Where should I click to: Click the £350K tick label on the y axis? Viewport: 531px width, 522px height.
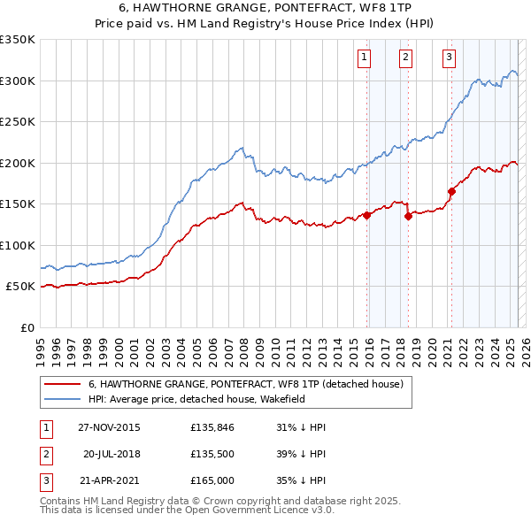click(x=18, y=40)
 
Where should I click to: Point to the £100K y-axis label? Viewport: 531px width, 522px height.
click(x=18, y=245)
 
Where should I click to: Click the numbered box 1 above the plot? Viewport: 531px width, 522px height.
click(x=364, y=58)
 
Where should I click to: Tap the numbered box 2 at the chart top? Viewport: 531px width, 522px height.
click(x=405, y=58)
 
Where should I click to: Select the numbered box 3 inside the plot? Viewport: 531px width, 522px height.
click(x=449, y=58)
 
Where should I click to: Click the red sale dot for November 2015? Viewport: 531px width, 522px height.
click(x=366, y=215)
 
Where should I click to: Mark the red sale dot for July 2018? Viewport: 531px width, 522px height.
click(x=408, y=215)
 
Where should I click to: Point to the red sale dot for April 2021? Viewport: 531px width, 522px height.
click(x=451, y=191)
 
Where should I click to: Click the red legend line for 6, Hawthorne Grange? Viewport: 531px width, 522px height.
click(x=62, y=384)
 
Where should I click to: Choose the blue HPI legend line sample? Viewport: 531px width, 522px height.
click(x=62, y=399)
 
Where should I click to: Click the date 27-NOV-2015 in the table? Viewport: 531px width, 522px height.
click(x=109, y=427)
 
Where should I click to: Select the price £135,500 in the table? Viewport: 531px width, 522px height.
click(x=212, y=454)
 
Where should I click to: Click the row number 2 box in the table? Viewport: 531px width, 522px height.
click(x=45, y=454)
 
